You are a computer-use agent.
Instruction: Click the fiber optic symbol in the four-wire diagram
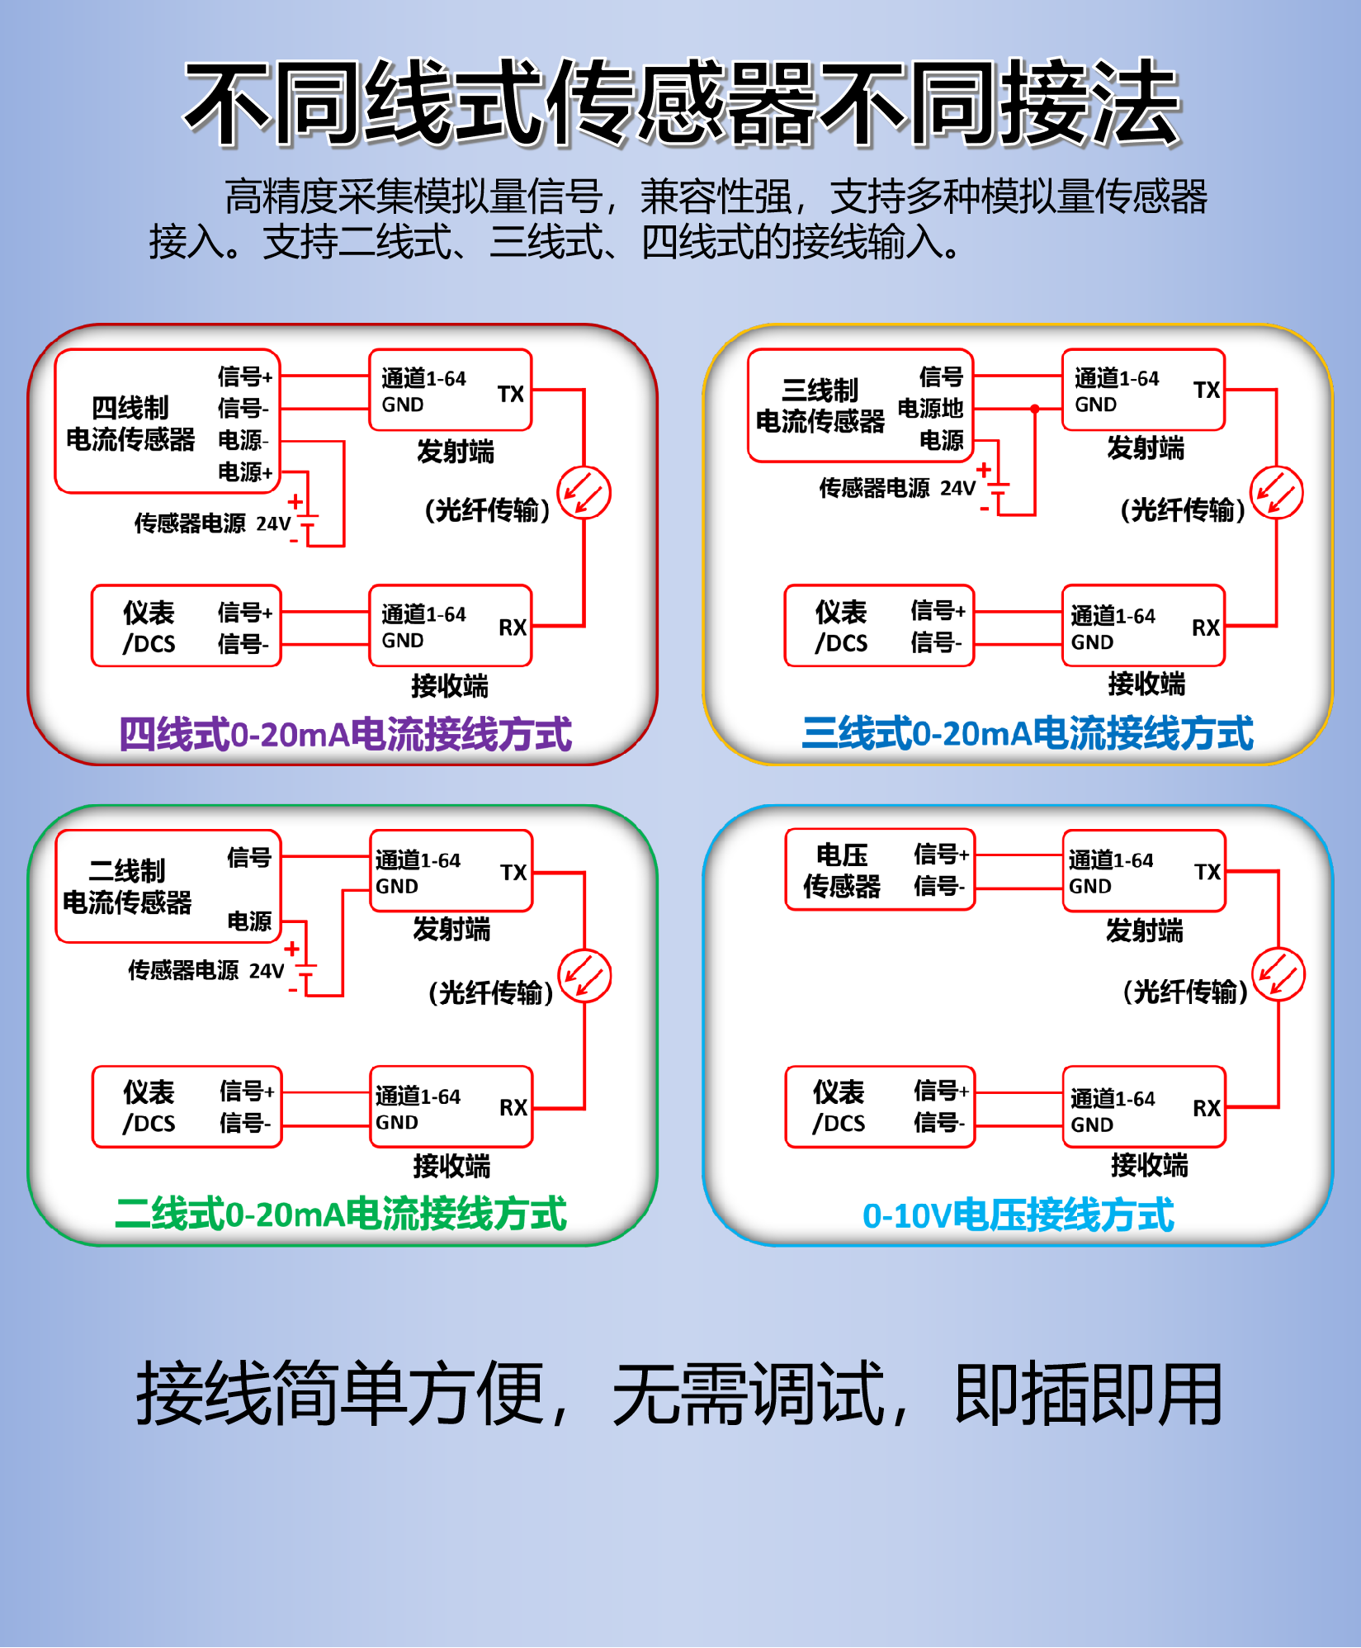tap(584, 493)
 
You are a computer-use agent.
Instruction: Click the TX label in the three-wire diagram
tap(1206, 390)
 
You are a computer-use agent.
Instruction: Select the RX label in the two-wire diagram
tap(513, 1107)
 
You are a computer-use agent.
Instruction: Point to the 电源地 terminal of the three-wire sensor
tap(930, 409)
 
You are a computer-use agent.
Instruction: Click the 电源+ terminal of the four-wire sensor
tap(244, 471)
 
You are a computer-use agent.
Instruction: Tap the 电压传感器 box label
tap(842, 870)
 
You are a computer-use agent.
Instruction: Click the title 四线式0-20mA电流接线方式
tap(345, 734)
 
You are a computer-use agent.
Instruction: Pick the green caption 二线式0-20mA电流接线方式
tap(341, 1214)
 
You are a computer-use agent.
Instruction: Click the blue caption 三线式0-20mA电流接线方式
tap(1028, 733)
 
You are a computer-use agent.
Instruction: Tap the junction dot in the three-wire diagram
tap(1034, 409)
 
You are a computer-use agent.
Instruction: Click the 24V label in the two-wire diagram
tap(267, 971)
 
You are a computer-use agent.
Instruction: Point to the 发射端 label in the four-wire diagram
tap(455, 452)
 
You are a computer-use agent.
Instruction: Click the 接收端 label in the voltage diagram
tap(1149, 1165)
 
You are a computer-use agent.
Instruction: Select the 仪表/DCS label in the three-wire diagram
tap(841, 627)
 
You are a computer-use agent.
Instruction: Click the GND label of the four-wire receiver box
tap(403, 641)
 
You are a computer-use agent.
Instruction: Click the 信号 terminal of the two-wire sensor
tap(249, 858)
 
